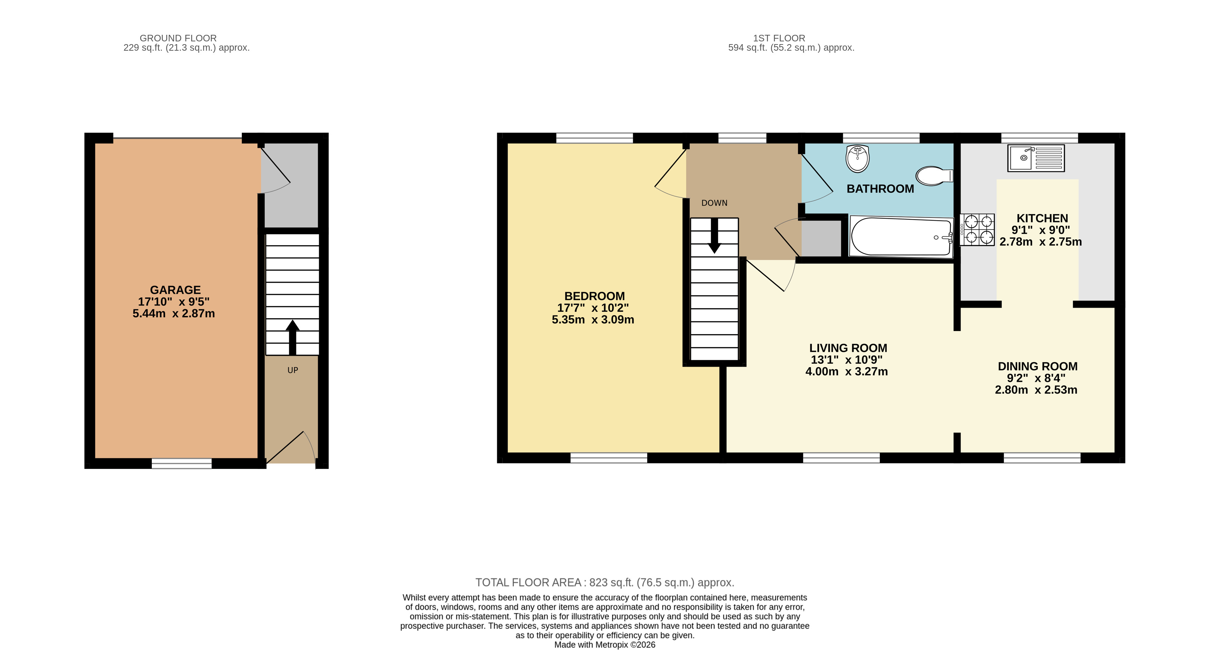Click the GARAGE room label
coord(175,290)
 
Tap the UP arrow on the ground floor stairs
coord(292,337)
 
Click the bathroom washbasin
coord(858,159)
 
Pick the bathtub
coord(901,236)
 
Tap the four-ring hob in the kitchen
coord(977,230)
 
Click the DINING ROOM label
coord(1037,367)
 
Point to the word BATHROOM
coord(880,189)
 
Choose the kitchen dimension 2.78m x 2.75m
coord(1041,242)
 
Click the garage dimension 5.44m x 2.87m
coord(174,313)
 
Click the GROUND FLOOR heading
coord(178,38)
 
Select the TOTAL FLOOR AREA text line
coord(604,582)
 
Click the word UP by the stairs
coord(293,370)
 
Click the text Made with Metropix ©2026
coord(604,644)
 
